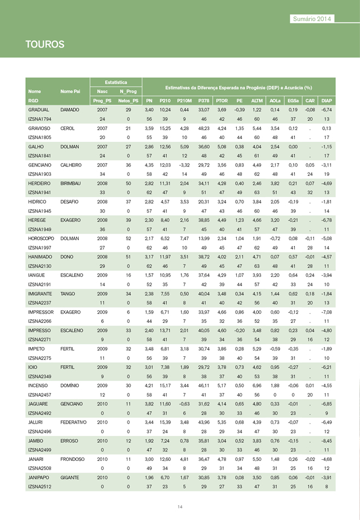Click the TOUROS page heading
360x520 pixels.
[x=45, y=44]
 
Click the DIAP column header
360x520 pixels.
[x=327, y=101]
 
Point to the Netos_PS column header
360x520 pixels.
[x=128, y=101]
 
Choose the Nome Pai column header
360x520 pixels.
[x=71, y=91]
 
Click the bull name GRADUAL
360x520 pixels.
[x=39, y=110]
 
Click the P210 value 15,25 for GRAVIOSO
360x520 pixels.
[x=165, y=128]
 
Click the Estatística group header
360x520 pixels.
[x=116, y=82]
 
